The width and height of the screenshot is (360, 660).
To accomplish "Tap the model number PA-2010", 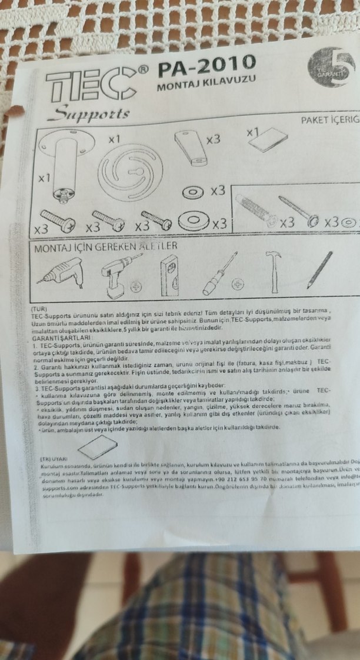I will [x=206, y=64].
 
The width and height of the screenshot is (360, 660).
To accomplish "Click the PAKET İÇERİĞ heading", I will [x=329, y=120].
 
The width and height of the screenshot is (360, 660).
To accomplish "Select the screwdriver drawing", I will [x=220, y=274].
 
